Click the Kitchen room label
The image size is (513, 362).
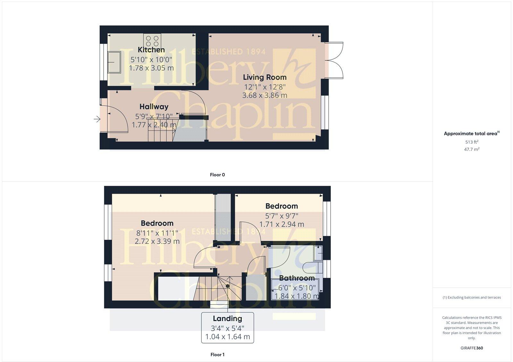coord(151,50)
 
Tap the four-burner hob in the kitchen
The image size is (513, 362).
coord(152,41)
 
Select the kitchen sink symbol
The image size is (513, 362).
coord(114,62)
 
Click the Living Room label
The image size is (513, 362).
coord(265,77)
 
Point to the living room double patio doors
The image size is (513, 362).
coord(335,60)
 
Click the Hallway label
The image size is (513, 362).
coord(154,107)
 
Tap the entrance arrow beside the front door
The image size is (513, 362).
coord(97,119)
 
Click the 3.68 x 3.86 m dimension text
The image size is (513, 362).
coord(265,95)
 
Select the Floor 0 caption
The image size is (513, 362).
coord(217,175)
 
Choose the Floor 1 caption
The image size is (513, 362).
coord(217,355)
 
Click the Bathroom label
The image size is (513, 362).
coord(297,278)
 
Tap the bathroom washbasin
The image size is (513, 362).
coord(318,253)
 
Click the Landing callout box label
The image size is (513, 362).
coord(227,319)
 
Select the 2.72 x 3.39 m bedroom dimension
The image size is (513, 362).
coord(157,241)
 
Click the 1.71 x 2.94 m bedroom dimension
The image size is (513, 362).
coord(282,224)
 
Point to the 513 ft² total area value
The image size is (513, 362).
coord(472,142)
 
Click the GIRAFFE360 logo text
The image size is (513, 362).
coord(472,348)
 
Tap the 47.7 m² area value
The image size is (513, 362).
coord(472,149)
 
